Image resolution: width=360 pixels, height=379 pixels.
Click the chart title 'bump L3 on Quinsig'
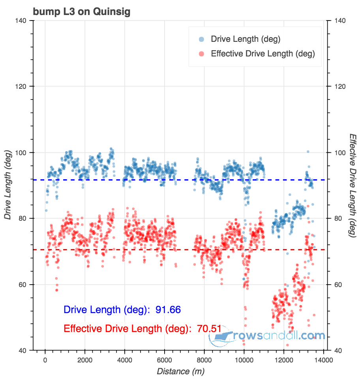pyautogui.click(x=82, y=12)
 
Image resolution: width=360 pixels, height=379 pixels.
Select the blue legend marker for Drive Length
pyautogui.click(x=201, y=39)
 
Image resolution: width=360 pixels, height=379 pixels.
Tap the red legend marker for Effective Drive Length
pyautogui.click(x=201, y=54)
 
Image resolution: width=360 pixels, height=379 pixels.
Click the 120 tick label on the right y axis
pyautogui.click(x=341, y=86)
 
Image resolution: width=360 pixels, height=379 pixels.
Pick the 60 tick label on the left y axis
pyautogui.click(x=24, y=285)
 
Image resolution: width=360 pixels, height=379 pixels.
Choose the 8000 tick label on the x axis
pyautogui.click(x=204, y=360)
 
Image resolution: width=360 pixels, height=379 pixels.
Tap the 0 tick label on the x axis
pyautogui.click(x=45, y=360)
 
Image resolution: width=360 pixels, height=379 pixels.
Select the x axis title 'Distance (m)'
pyautogui.click(x=180, y=371)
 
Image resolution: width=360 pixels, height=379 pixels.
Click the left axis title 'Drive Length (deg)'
pyautogui.click(x=7, y=186)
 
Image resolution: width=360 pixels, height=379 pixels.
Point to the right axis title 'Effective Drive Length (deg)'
pyautogui.click(x=352, y=186)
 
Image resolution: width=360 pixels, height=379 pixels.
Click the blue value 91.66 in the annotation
pyautogui.click(x=168, y=310)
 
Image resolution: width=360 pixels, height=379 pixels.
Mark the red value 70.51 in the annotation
pyautogui.click(x=209, y=328)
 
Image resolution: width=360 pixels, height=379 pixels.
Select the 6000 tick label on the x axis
pyautogui.click(x=165, y=360)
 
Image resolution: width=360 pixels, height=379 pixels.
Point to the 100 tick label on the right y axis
pyautogui.click(x=341, y=153)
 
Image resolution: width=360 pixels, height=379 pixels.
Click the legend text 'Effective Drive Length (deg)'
pyautogui.click(x=263, y=54)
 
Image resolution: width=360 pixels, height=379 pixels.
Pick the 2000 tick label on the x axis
pyautogui.click(x=85, y=360)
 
